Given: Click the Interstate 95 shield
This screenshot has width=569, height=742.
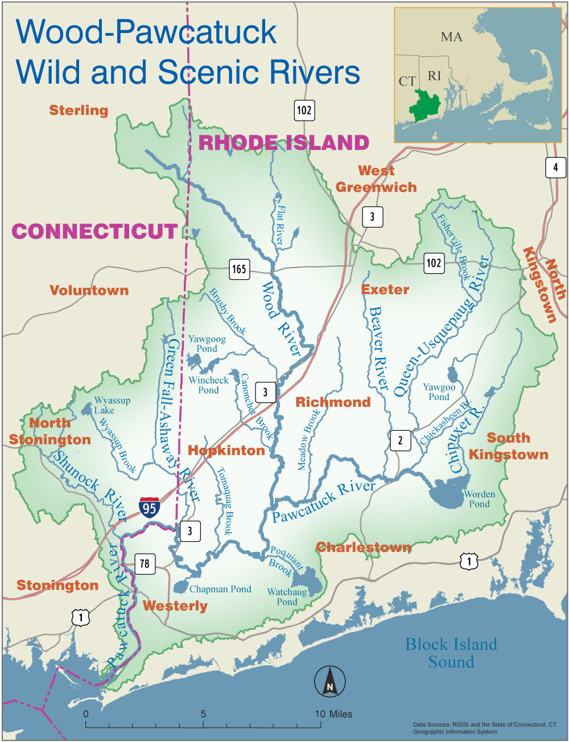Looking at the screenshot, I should coord(150,506).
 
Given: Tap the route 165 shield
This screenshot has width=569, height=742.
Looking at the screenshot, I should coord(239,269).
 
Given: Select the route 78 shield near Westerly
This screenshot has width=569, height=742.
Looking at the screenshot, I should coord(145,563).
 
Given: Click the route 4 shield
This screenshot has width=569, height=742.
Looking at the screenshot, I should coord(555,167).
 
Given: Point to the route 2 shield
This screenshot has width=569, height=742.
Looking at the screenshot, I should coord(400,440).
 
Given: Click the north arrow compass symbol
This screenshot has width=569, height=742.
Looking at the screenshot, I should coord(330,681).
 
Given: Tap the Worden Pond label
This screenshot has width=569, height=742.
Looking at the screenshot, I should coord(479,499).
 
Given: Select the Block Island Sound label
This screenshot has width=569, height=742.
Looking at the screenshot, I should coord(451,653).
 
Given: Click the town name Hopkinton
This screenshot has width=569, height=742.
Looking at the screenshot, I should coord(226,451).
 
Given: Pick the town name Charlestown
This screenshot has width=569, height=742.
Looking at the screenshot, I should coord(364,547).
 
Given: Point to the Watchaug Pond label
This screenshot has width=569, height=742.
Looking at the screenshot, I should coord(287,597).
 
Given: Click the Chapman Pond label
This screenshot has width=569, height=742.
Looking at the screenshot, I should coord(220,590).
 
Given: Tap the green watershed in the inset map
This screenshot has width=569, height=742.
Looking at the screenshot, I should coord(427,106).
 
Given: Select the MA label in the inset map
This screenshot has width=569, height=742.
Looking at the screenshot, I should coord(451,37).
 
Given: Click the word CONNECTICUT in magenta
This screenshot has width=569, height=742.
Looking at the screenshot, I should coord(95,231).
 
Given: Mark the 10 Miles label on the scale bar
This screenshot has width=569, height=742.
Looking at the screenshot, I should coord(333,714).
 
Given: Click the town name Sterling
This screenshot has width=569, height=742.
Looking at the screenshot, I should coord(79,110).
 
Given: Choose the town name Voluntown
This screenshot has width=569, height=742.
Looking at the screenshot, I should coord(89,290).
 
